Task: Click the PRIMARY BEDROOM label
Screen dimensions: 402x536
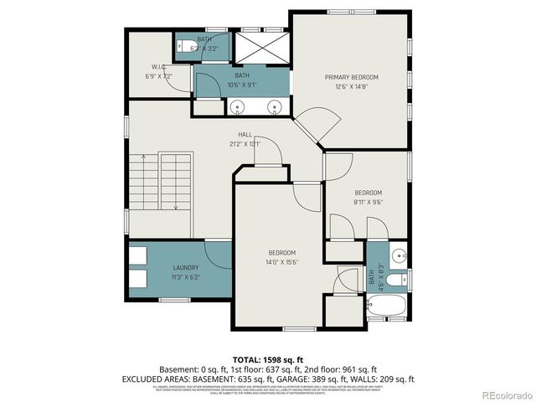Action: tap(352, 77)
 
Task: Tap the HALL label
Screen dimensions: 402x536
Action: tap(245, 134)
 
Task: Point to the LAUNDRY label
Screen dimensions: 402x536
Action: tap(162, 268)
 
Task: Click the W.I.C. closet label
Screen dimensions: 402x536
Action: tap(158, 67)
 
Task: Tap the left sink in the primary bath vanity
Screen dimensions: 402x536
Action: tap(237, 106)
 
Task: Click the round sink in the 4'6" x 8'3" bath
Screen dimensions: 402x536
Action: tap(399, 254)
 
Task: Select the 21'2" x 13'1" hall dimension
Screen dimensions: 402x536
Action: tap(245, 144)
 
